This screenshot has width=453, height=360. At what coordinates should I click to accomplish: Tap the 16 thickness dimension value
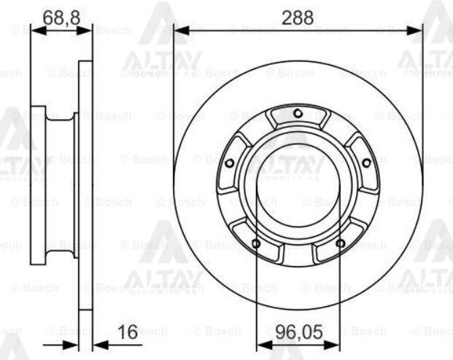click(128, 333)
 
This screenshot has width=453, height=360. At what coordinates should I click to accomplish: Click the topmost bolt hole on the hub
click(298, 112)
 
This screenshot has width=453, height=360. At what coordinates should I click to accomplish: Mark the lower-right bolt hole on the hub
click(340, 243)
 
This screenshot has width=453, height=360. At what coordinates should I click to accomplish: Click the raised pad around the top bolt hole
click(298, 118)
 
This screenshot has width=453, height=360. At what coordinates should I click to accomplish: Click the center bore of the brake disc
click(298, 191)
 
